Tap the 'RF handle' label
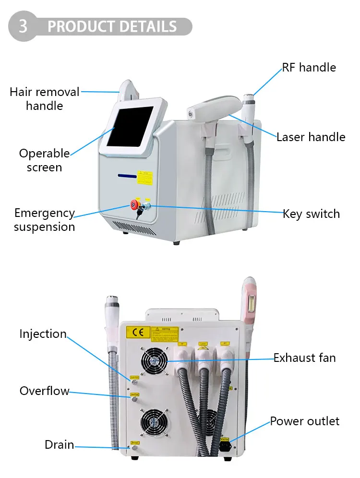[x=309, y=67]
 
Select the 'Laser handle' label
[x=311, y=137]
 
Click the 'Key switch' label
[x=311, y=214]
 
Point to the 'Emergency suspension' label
[x=44, y=220]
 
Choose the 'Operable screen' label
[x=44, y=160]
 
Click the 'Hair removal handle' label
[x=44, y=98]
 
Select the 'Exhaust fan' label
[x=304, y=358]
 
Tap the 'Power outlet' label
[x=304, y=421]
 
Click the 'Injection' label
[x=43, y=334]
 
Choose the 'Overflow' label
[x=44, y=391]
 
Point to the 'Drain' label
[x=60, y=445]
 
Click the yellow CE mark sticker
[x=136, y=333]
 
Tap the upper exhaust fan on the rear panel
[x=154, y=360]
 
